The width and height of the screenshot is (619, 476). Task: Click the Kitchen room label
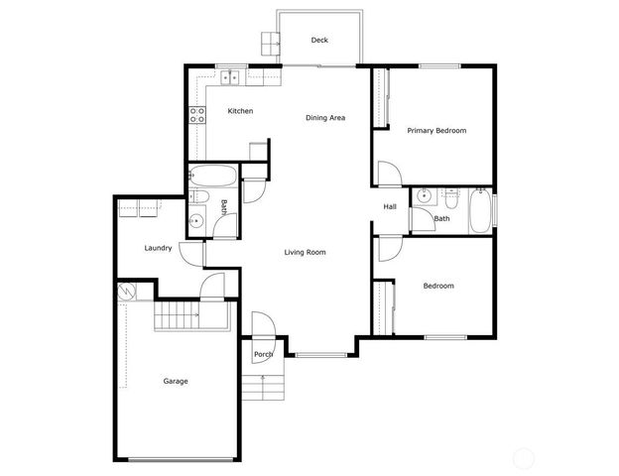[240, 111]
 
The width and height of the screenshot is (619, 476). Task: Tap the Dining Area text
[324, 118]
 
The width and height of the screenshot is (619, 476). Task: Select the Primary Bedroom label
[436, 131]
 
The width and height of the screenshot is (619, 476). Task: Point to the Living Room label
[305, 253]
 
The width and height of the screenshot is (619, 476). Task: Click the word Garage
[176, 381]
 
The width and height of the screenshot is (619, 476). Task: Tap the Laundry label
[159, 248]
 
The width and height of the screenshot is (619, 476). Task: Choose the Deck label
[319, 41]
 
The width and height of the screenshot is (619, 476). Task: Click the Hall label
[391, 206]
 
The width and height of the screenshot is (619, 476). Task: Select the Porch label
[263, 354]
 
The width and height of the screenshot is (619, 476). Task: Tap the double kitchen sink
[232, 76]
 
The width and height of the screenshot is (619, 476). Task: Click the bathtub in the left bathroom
[213, 178]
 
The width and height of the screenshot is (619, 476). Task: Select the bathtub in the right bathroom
[480, 209]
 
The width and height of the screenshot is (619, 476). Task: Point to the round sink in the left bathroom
[197, 221]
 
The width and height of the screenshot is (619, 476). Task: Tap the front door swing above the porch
[262, 324]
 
